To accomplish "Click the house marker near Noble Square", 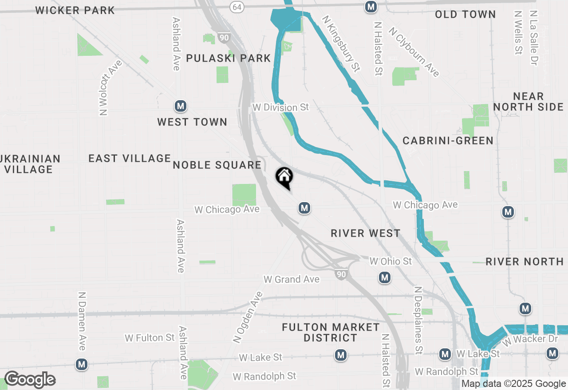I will [284, 177].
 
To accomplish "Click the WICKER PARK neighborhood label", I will [75, 10].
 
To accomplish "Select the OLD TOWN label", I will [465, 15].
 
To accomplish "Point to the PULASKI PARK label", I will [229, 58].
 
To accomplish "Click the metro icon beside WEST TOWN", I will [180, 106].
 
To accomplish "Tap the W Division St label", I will [280, 108].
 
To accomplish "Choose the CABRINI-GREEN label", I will [448, 141].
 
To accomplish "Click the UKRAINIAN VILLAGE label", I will [30, 164].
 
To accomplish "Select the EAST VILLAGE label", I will [130, 159].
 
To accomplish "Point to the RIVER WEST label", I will [366, 234].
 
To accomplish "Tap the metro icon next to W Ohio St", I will [385, 278].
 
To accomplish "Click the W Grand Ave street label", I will [292, 280].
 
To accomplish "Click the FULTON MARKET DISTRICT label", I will [331, 332].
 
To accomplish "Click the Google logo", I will [30, 379].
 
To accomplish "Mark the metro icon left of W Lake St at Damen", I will [81, 365].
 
